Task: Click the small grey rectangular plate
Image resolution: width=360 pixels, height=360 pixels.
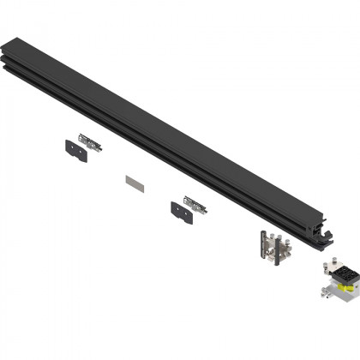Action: (135, 182)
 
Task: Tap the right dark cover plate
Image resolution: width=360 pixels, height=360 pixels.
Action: (182, 208)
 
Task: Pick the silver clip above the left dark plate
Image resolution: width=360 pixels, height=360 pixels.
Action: (89, 141)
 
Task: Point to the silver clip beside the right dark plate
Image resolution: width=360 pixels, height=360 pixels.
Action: (195, 203)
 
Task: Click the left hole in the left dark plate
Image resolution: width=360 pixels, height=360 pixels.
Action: (69, 145)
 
